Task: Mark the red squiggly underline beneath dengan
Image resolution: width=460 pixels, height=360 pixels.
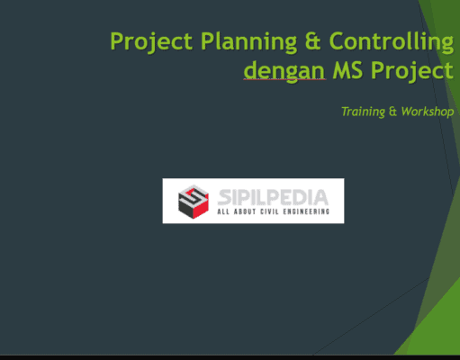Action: pyautogui.click(x=284, y=81)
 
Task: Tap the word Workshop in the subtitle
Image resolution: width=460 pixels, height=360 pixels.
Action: pyautogui.click(x=426, y=112)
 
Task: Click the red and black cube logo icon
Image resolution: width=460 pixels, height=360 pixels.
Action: pyautogui.click(x=192, y=201)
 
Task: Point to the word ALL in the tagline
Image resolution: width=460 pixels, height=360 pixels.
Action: pyautogui.click(x=224, y=213)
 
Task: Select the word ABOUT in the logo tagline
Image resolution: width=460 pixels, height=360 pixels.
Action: pyautogui.click(x=247, y=213)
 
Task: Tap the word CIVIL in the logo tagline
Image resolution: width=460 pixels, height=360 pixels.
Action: pyautogui.click(x=273, y=213)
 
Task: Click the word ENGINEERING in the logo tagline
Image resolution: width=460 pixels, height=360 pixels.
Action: pyautogui.click(x=310, y=213)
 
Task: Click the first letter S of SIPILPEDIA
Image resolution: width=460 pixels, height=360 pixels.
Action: pyautogui.click(x=223, y=195)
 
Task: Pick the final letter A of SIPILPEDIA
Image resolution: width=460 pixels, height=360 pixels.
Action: pyautogui.click(x=321, y=195)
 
